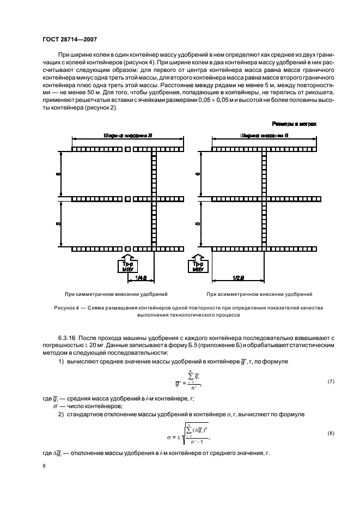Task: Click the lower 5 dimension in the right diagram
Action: click(198, 223)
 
